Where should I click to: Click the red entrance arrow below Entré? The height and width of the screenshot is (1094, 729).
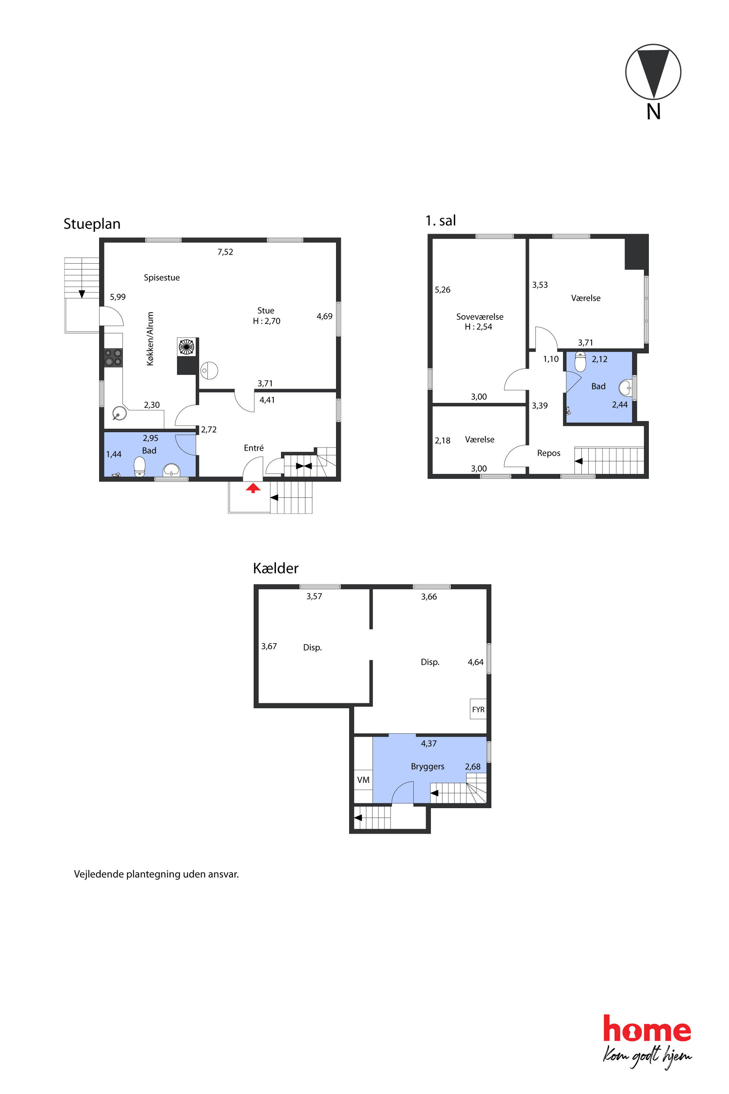253,488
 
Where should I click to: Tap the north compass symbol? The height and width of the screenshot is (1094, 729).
653,72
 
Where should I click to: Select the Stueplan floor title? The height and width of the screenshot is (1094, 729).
92,224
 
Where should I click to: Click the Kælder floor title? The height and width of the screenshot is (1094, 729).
276,568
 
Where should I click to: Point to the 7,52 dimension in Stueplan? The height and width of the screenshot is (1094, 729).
226,252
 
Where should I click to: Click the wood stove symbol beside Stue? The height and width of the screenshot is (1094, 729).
186,347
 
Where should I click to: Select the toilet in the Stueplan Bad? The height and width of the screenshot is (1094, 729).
140,466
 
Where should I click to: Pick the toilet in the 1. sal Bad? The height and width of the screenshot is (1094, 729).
580,362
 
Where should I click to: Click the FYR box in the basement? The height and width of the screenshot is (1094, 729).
478,709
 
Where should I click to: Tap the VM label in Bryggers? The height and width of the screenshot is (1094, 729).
363,780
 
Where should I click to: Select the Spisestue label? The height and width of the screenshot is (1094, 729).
162,278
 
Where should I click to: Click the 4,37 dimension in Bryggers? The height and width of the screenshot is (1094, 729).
429,744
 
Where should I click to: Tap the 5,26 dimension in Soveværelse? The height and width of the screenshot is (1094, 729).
443,290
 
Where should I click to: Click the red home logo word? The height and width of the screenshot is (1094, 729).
647,1029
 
